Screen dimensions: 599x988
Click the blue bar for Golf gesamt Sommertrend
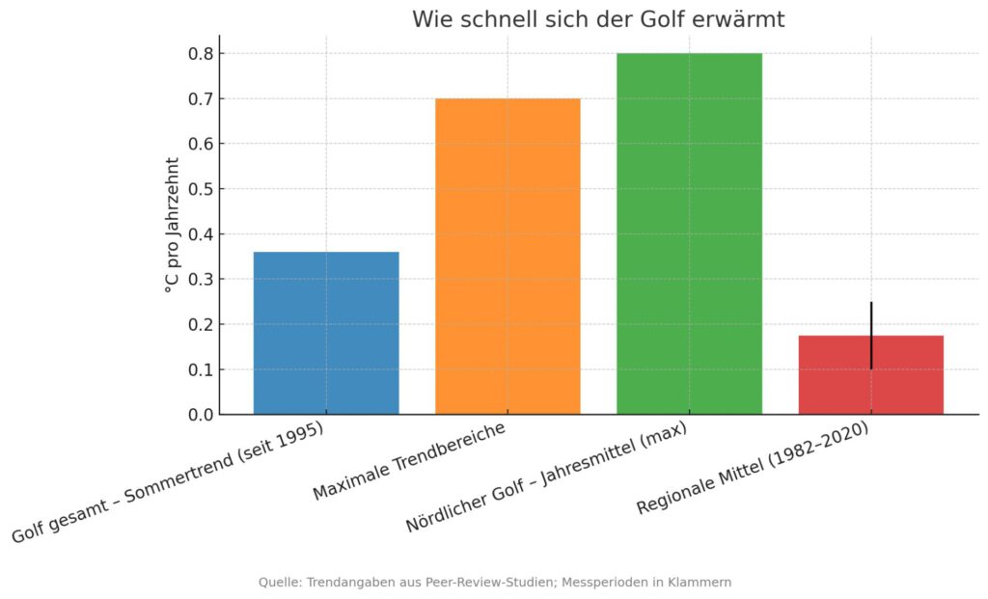pos(326,333)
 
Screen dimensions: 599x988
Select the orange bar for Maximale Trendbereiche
pos(508,257)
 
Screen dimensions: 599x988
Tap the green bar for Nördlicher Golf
pos(689,233)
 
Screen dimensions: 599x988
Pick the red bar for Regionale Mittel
pos(907,375)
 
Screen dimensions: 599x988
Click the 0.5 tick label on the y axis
pos(201,189)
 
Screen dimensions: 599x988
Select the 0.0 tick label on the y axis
pos(201,415)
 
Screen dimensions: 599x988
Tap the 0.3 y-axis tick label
pos(201,280)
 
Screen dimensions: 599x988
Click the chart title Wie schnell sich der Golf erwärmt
pos(598,19)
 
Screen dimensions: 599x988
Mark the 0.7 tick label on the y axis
pos(201,99)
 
